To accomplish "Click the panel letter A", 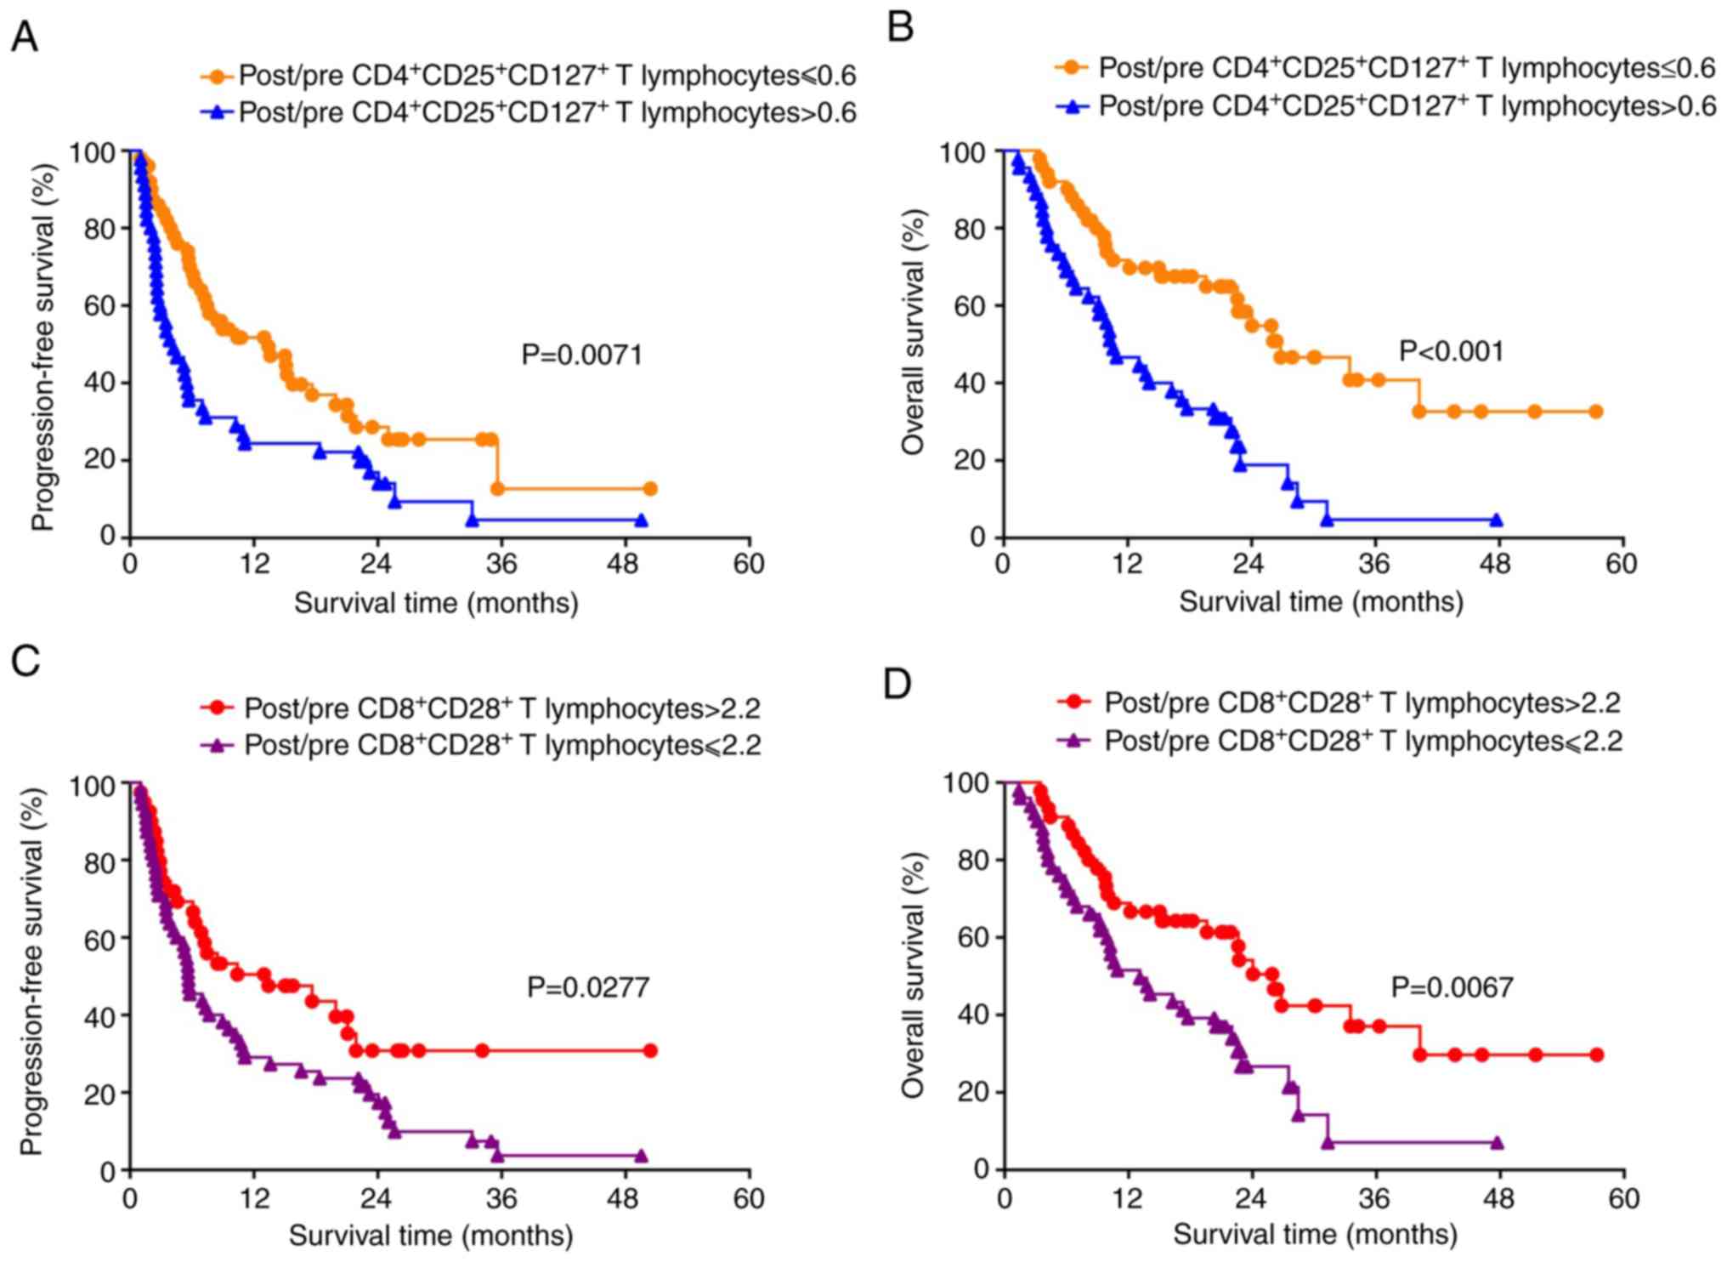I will (24, 37).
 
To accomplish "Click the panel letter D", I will (897, 683).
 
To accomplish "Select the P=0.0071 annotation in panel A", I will (581, 355).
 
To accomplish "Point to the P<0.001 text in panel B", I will (1452, 350).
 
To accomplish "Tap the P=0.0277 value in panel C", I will (588, 986).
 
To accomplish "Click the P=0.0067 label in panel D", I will (1452, 986).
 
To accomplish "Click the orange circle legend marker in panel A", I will (218, 77).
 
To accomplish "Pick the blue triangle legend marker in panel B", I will (1073, 106).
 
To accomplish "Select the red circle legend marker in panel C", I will (220, 708).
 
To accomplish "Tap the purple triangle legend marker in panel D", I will (1075, 740).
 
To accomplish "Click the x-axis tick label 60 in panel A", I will (748, 564).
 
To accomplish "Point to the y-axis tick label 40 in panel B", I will (969, 383).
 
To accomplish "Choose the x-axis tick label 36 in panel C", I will (501, 1198).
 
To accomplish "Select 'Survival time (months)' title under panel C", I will (431, 1235).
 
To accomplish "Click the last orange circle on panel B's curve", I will (1595, 412).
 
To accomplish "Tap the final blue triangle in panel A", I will (641, 520).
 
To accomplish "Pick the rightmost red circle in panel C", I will (650, 1051).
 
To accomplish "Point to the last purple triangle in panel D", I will (1497, 1143).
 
